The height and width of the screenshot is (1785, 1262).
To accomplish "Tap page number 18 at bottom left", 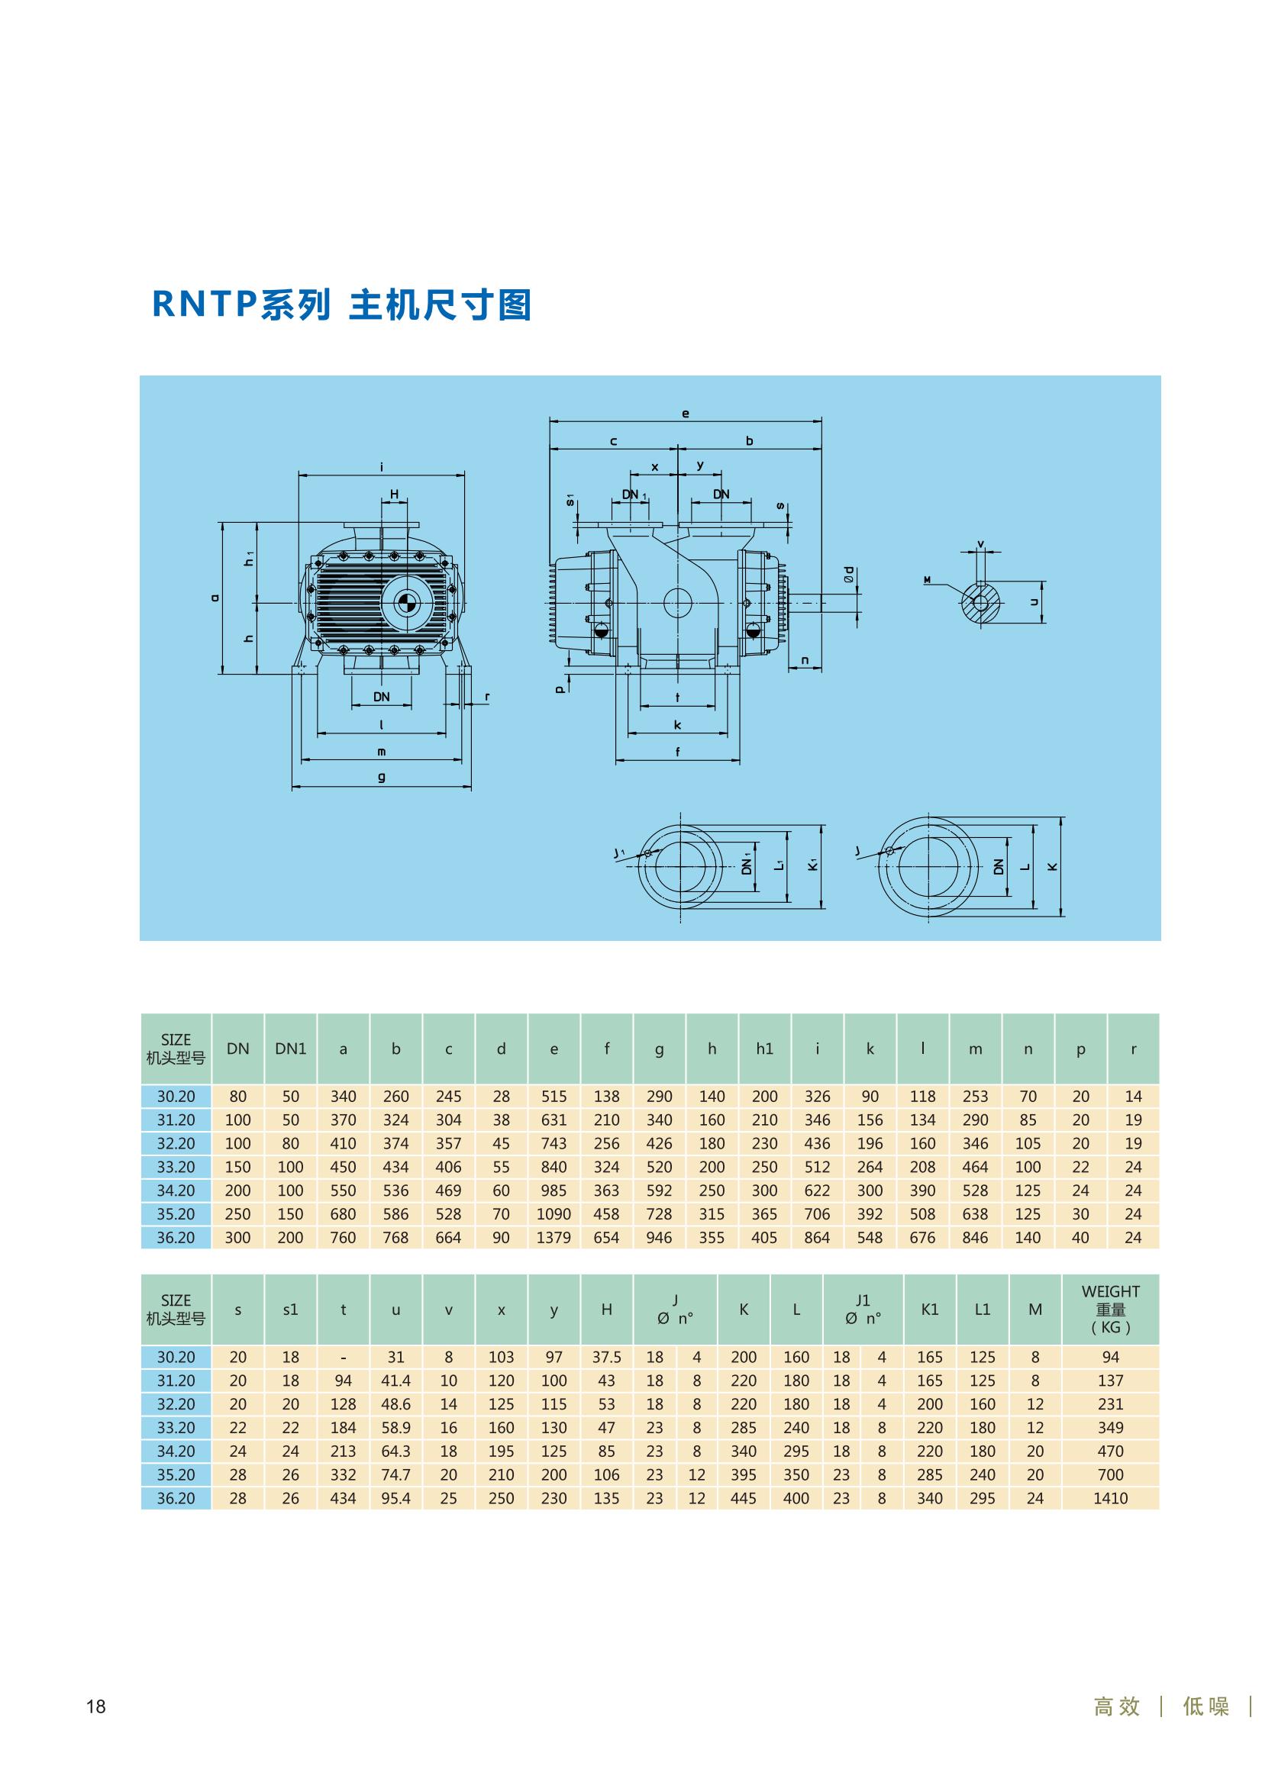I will pos(95,1706).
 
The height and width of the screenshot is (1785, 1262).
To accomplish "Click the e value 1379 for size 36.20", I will pos(554,1238).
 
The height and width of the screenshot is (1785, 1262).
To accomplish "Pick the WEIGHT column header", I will pos(1109,1310).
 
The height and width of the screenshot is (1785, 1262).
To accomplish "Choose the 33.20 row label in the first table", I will pos(176,1167).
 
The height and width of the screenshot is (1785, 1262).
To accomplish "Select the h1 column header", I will pos(764,1049).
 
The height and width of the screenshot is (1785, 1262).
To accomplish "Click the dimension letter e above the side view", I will pos(685,414).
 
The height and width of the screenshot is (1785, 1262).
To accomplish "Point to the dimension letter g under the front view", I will pos(381,777).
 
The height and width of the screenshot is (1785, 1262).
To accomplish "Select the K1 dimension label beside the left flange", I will pos(812,865).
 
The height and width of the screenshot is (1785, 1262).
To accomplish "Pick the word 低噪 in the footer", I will pos(1206,1706).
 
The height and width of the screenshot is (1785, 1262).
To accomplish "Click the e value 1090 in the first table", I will pos(554,1214).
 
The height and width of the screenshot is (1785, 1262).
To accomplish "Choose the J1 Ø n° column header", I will pos(862,1310).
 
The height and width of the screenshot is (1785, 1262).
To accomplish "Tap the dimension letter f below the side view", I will pos(677,752).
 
